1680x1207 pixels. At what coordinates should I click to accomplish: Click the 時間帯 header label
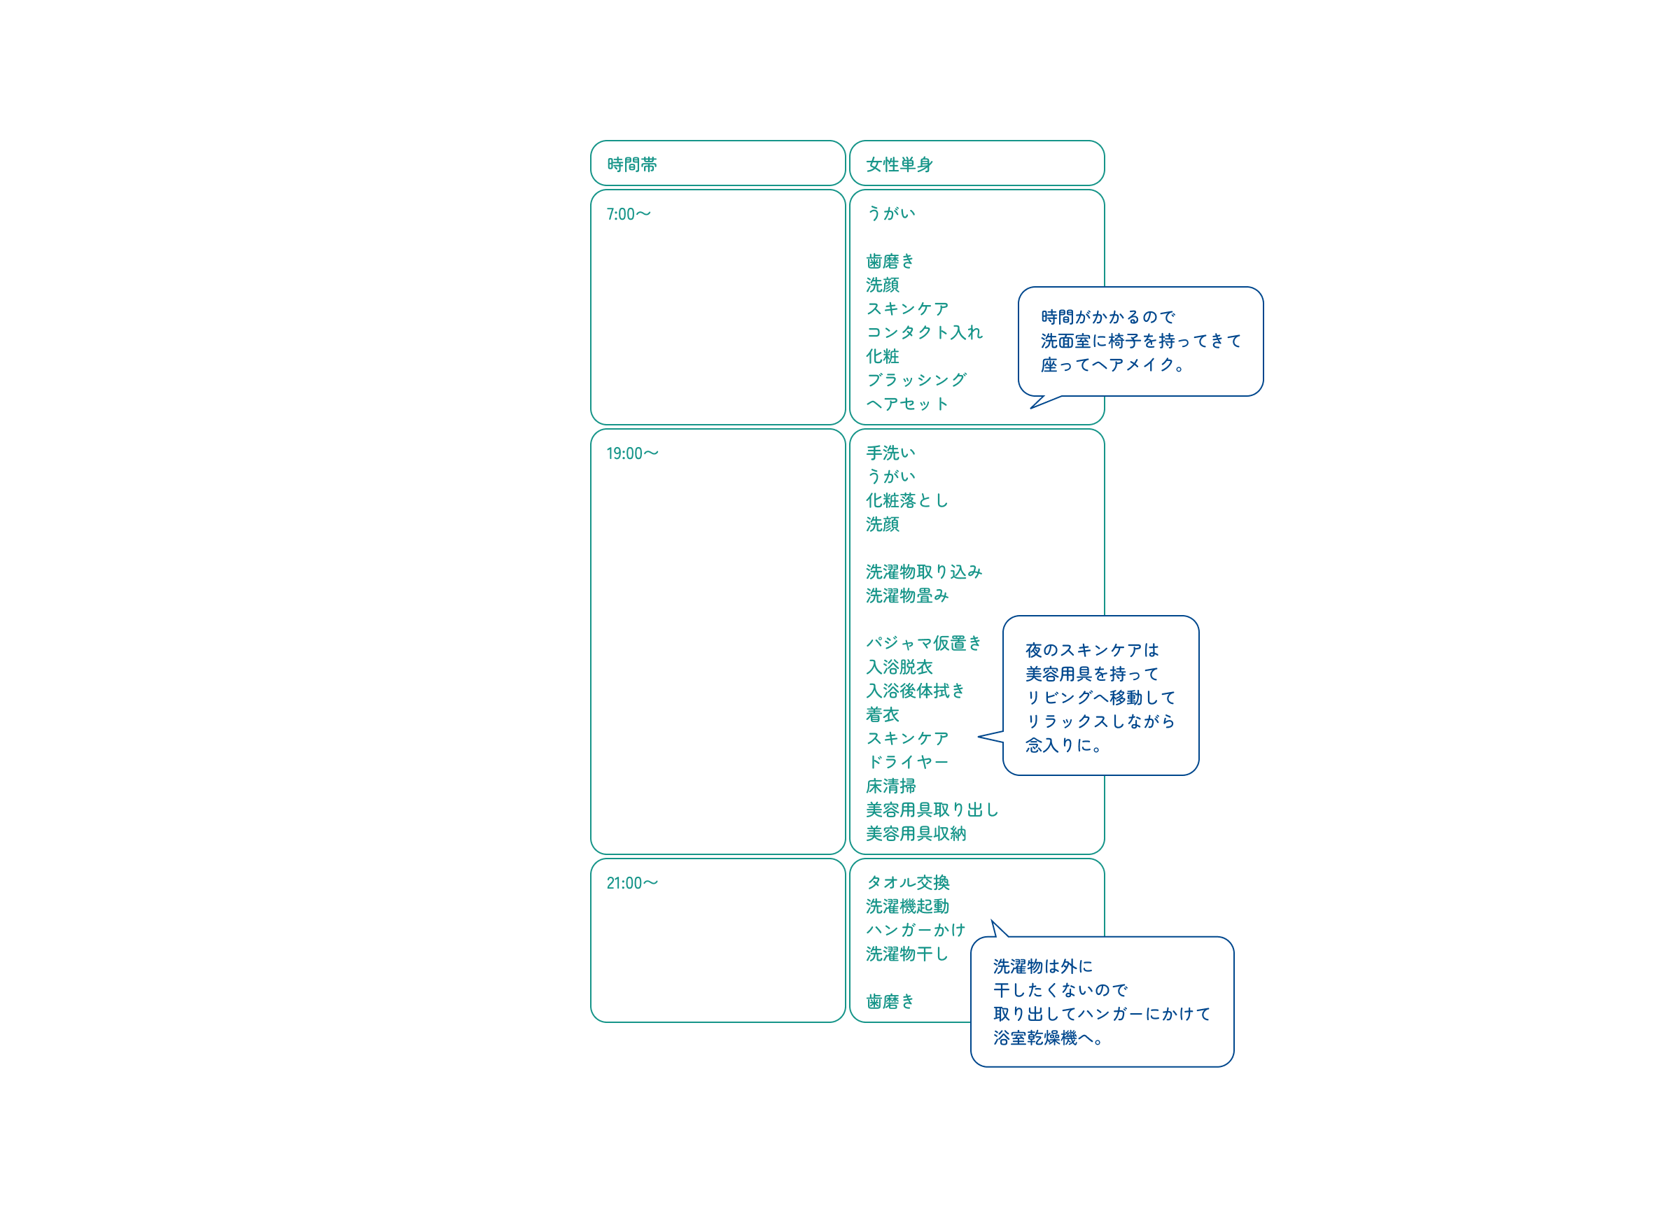pyautogui.click(x=632, y=164)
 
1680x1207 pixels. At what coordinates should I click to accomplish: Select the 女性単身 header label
pyautogui.click(x=899, y=164)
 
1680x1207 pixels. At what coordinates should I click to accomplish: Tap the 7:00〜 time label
pyautogui.click(x=628, y=214)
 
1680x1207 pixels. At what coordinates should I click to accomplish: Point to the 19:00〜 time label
pyautogui.click(x=632, y=453)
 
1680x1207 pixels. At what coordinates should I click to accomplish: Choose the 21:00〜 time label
pyautogui.click(x=632, y=882)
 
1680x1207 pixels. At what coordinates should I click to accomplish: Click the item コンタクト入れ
pyautogui.click(x=925, y=332)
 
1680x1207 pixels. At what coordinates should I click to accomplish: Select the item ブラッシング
pyautogui.click(x=916, y=380)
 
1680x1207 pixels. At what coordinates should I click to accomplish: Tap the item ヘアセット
pyautogui.click(x=907, y=404)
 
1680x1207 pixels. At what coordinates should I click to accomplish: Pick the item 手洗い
pyautogui.click(x=891, y=453)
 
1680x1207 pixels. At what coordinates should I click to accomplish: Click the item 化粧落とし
pyautogui.click(x=907, y=500)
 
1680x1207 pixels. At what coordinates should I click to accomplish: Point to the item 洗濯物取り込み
pyautogui.click(x=925, y=572)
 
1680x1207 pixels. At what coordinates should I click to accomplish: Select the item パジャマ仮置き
pyautogui.click(x=925, y=643)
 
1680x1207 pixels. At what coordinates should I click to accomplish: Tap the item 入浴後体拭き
pyautogui.click(x=916, y=691)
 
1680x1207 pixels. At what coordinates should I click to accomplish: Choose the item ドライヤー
pyautogui.click(x=907, y=762)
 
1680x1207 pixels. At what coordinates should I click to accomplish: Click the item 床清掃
pyautogui.click(x=891, y=786)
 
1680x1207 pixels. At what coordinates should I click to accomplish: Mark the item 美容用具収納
pyautogui.click(x=916, y=834)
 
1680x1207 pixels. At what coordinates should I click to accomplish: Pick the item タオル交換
pyautogui.click(x=907, y=882)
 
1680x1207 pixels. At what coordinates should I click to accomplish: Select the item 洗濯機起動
pyautogui.click(x=907, y=906)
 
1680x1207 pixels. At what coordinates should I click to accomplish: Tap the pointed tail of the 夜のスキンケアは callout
pyautogui.click(x=979, y=736)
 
